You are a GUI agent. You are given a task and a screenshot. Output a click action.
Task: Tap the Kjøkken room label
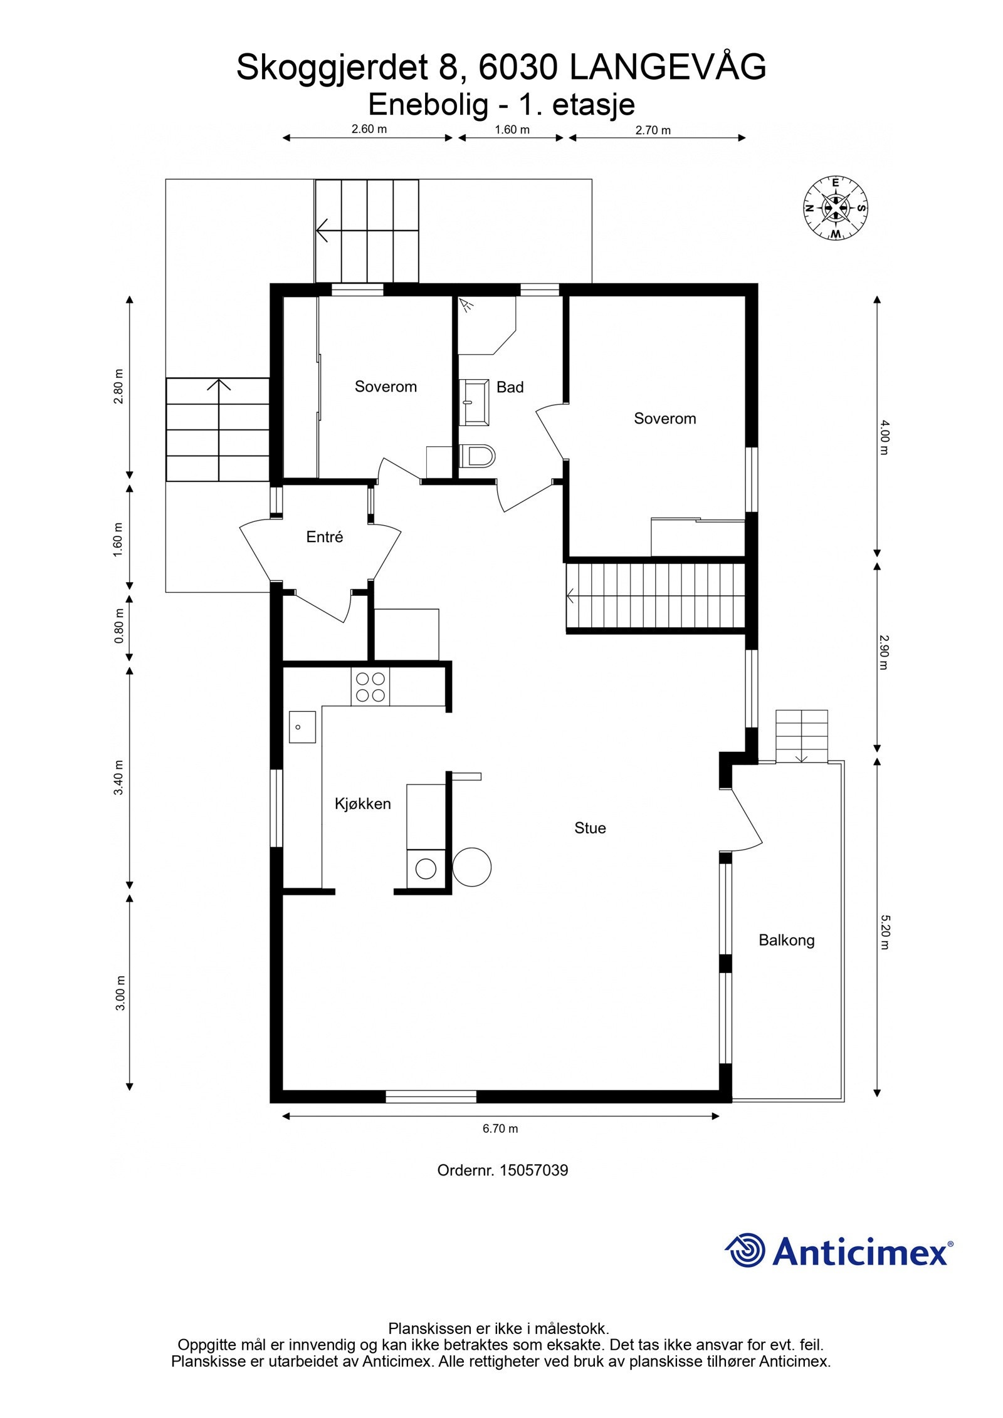coord(362,804)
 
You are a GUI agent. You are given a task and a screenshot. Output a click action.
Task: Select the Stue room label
coord(590,828)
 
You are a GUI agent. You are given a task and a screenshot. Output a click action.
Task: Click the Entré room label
coord(325,536)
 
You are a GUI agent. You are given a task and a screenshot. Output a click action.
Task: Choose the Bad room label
coord(510,387)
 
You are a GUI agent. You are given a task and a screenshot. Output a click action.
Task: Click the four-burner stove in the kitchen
coord(370,687)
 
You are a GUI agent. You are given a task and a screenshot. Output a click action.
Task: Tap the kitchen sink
coord(302,727)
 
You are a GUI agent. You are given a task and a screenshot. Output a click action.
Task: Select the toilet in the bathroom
coord(477,456)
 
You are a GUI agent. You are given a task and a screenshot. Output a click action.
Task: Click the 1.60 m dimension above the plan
coord(512,130)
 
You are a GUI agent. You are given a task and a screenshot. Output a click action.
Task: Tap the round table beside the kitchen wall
coord(472,867)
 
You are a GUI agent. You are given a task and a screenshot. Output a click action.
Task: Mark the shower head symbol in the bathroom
coord(466,305)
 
